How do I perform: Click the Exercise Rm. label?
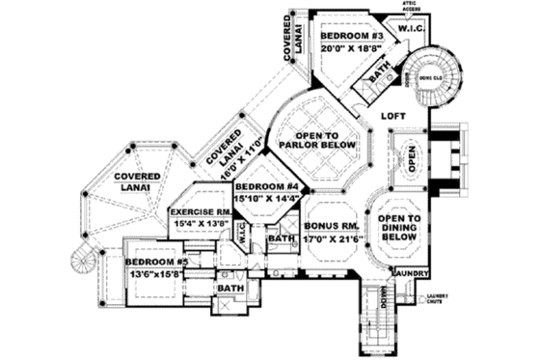201,210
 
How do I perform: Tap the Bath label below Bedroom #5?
229,289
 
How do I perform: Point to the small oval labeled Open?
411,157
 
